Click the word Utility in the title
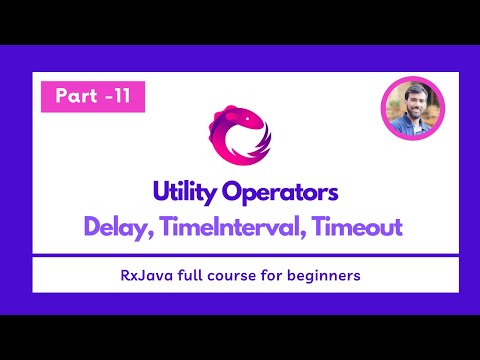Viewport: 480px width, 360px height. click(x=185, y=191)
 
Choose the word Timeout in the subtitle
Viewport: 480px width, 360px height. click(x=356, y=227)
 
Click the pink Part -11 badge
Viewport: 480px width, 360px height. click(x=93, y=97)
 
